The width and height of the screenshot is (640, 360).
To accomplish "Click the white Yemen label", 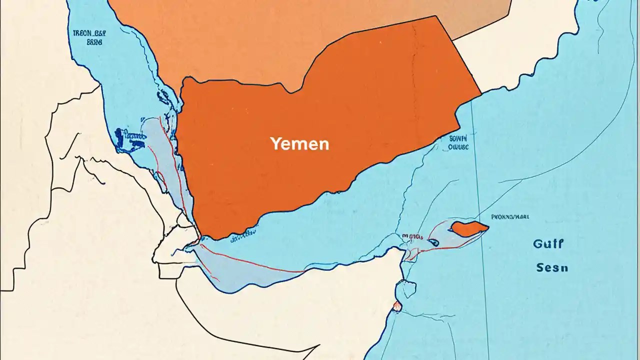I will [299, 144].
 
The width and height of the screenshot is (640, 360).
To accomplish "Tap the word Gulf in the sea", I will [548, 244].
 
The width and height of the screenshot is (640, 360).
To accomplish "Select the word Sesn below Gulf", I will [552, 267].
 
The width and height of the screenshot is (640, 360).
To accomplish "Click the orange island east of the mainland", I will [468, 228].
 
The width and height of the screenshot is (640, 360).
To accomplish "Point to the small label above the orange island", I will [510, 217].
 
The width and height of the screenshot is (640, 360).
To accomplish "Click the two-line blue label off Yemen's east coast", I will [458, 143].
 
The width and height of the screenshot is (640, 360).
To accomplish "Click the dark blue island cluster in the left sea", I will [127, 140].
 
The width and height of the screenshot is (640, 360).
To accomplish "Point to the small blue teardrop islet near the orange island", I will [433, 242].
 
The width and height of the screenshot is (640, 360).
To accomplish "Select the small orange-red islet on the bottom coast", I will [397, 306].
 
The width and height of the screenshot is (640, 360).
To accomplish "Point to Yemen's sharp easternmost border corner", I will [481, 93].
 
